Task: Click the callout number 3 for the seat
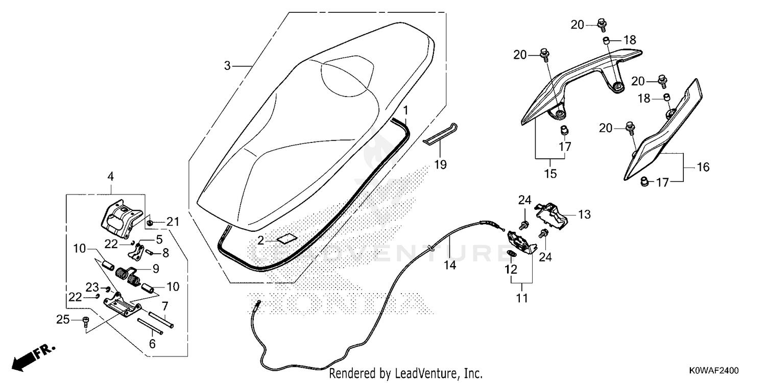coord(227,65)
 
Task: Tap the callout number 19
coord(440,165)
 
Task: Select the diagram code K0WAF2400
coord(714,371)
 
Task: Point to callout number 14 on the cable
coord(450,265)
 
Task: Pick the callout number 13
coord(584,214)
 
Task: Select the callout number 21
coord(173,222)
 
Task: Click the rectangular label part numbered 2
coord(286,238)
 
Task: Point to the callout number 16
coord(703,167)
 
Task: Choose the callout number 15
coord(550,174)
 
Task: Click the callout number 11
coord(522,298)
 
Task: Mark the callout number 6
coord(152,344)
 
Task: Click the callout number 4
coord(110,177)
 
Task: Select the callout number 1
coord(405,110)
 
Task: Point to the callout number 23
coord(92,287)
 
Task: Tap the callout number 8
coord(165,253)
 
